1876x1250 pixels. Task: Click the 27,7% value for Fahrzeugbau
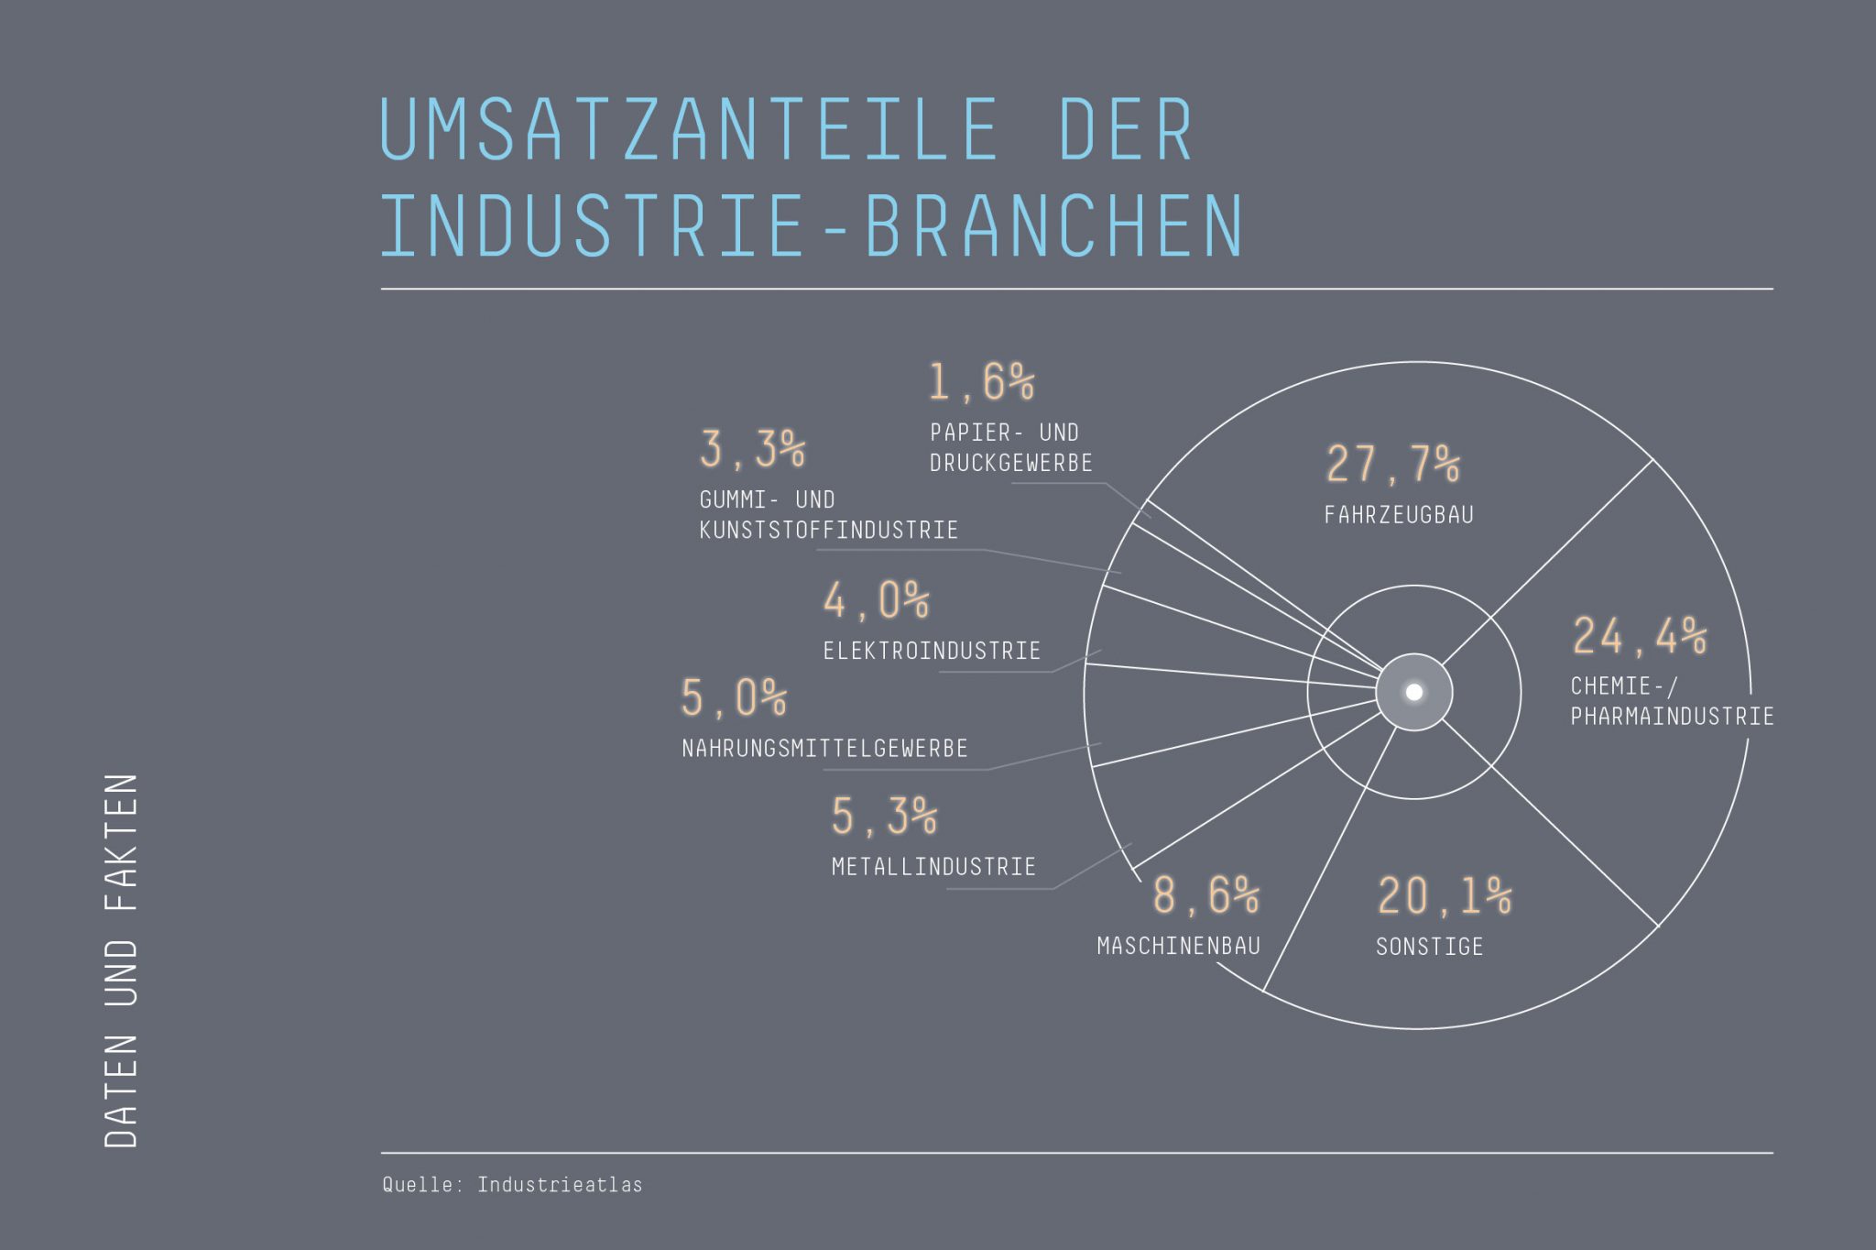click(x=1392, y=464)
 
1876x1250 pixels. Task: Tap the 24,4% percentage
click(x=1640, y=636)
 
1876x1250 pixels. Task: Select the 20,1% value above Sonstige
click(x=1445, y=896)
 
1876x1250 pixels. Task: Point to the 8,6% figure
click(x=1205, y=895)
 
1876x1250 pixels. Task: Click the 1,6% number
click(x=981, y=382)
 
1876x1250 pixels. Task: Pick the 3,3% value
click(x=752, y=449)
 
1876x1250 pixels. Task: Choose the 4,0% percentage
click(x=876, y=601)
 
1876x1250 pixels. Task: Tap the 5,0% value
click(x=734, y=698)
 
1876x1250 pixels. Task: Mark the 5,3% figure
click(x=884, y=817)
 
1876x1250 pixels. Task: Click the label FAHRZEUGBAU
click(x=1399, y=515)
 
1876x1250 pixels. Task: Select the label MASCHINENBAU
click(x=1179, y=946)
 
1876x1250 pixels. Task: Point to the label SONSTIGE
click(x=1429, y=947)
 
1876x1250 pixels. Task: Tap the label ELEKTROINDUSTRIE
click(x=932, y=652)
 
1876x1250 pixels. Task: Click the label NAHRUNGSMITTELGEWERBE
click(x=824, y=749)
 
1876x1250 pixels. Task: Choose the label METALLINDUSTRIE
click(x=933, y=867)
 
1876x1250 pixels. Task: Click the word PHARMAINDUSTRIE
click(x=1672, y=717)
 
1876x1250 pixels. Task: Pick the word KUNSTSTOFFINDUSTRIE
click(x=828, y=531)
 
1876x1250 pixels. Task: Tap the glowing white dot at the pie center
click(x=1414, y=692)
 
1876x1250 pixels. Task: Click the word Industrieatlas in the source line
click(x=560, y=1185)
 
